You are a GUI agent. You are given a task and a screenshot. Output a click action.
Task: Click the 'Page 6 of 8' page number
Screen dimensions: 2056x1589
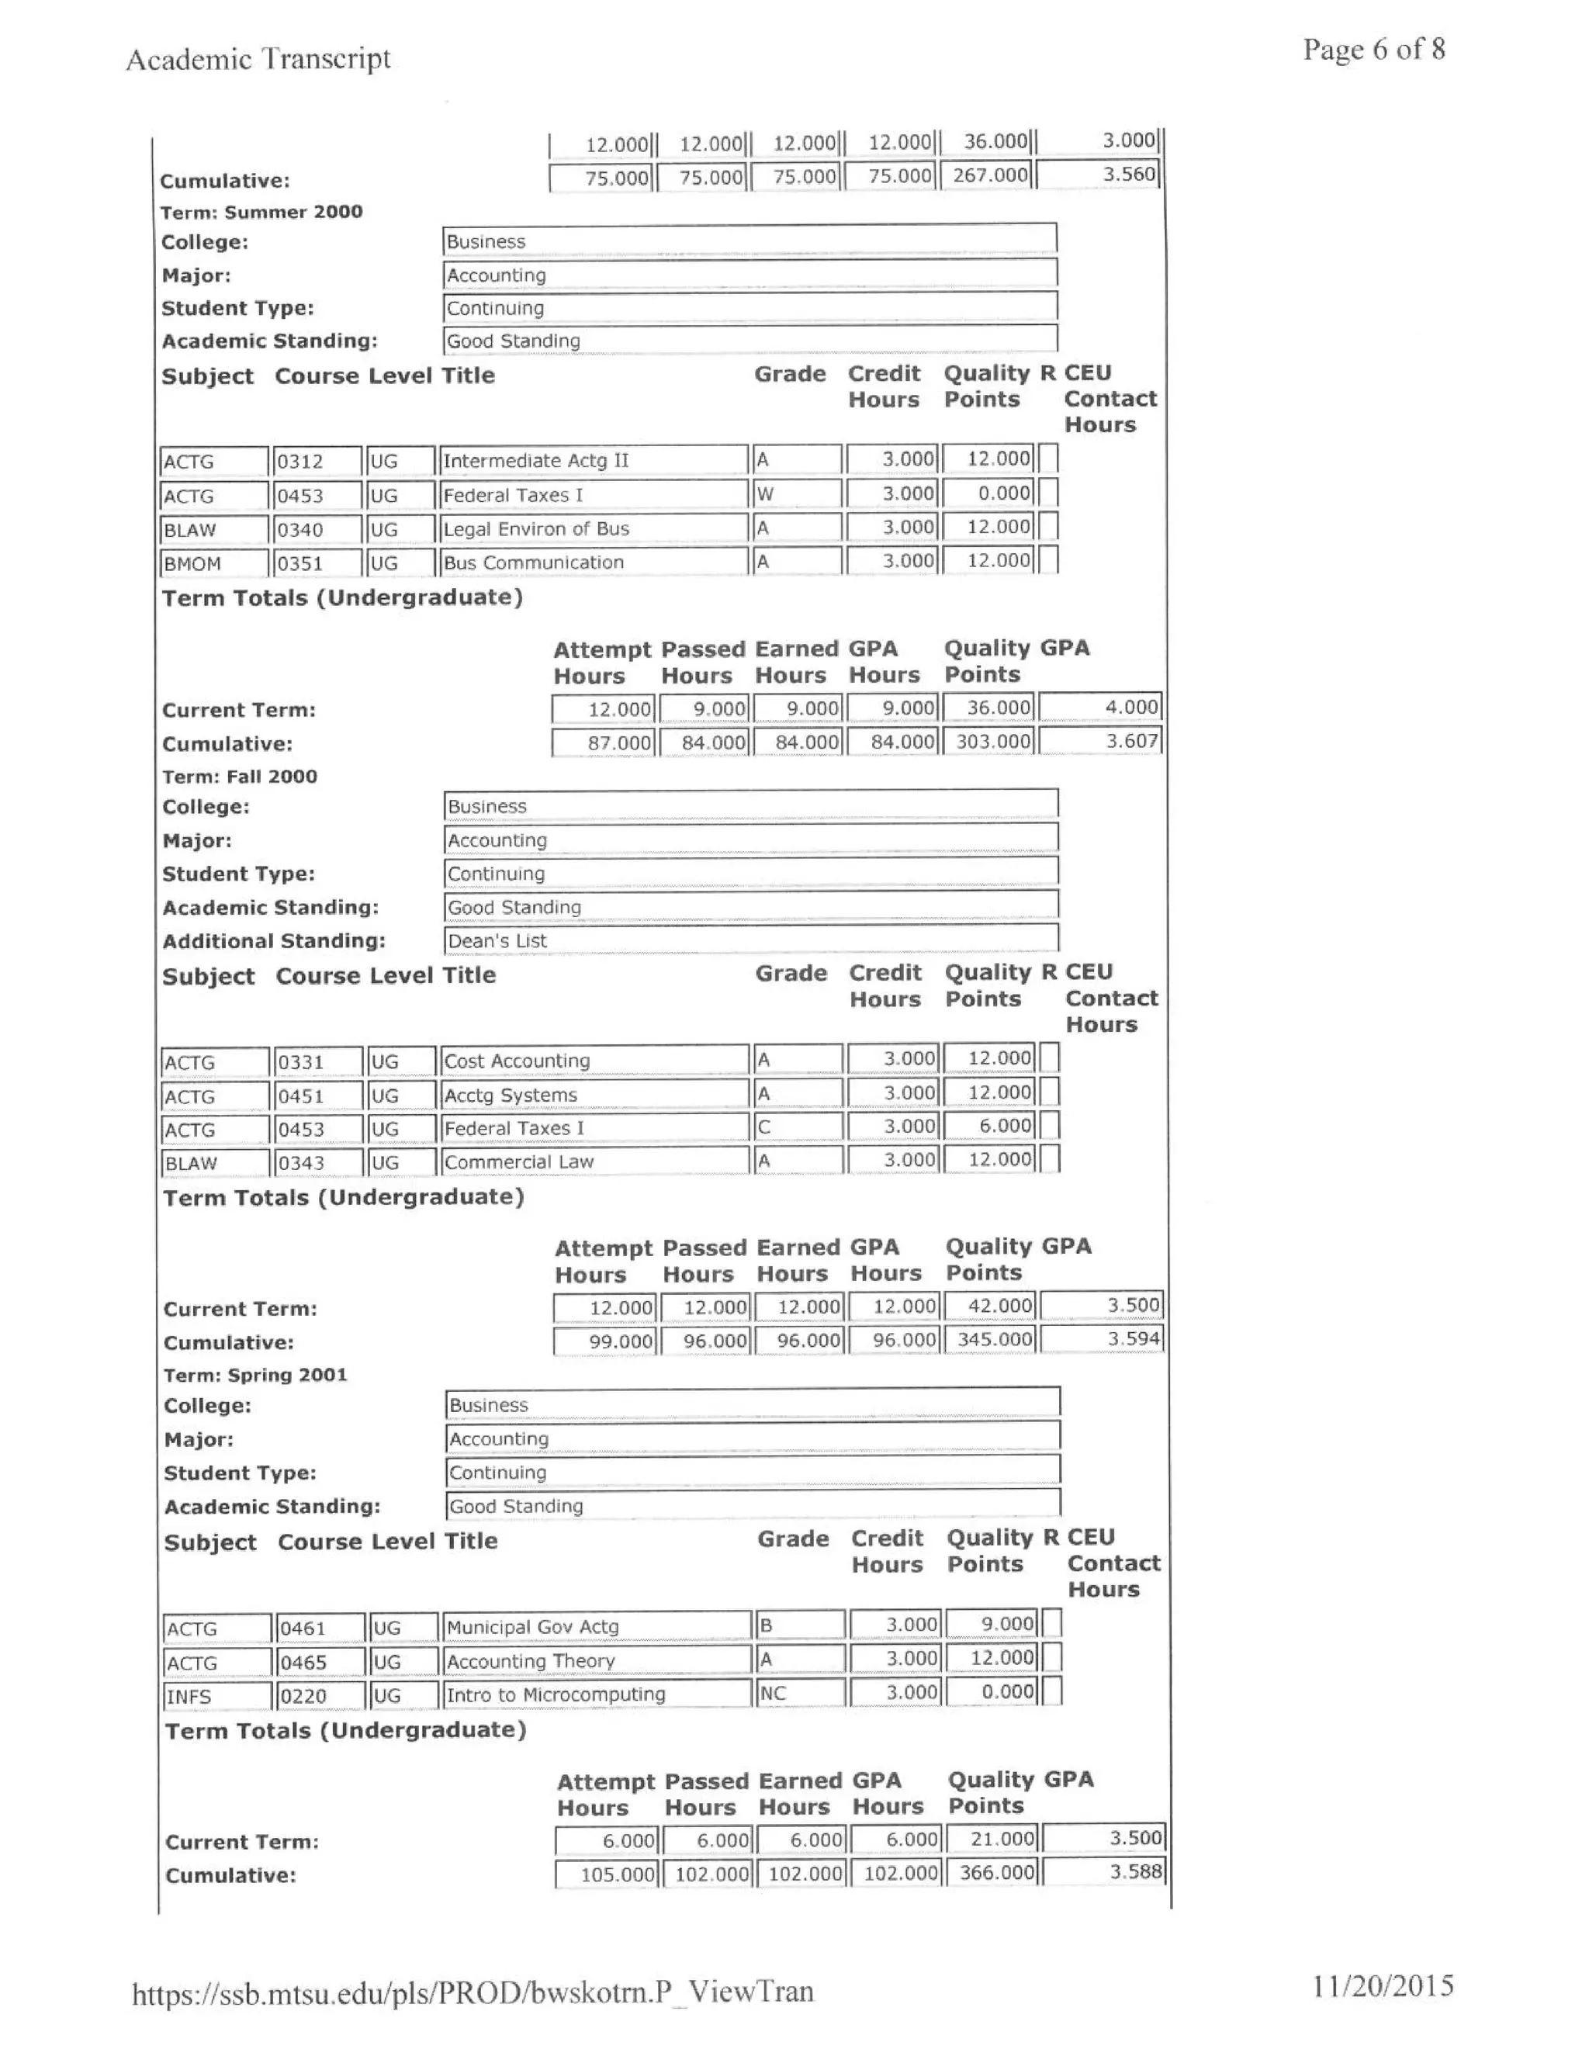[1373, 49]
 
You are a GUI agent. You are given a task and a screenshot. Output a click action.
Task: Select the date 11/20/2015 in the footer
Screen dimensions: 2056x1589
[1382, 1985]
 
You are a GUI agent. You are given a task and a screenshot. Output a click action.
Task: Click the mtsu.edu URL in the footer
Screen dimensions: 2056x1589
[472, 1991]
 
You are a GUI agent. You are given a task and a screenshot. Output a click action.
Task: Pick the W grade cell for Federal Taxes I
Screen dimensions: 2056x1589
[796, 493]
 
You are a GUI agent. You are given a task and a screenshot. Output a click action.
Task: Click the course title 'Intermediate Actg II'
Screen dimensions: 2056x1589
[593, 460]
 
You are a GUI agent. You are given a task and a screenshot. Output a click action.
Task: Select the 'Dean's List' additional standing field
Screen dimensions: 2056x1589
[750, 940]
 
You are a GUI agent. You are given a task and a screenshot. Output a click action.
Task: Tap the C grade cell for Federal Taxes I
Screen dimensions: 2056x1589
[798, 1127]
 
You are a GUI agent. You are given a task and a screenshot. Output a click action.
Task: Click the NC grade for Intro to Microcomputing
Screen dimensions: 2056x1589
[800, 1693]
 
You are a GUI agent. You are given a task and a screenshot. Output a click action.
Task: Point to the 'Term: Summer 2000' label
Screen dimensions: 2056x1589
[261, 212]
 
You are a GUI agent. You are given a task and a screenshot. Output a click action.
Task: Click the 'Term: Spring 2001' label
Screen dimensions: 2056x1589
[255, 1375]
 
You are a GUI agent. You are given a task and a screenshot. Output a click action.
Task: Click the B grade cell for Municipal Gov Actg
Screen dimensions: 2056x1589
[800, 1625]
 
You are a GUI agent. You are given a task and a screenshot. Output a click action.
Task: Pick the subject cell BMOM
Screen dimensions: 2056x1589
[213, 563]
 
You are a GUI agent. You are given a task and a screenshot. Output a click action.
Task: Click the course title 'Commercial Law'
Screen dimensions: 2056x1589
[595, 1161]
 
